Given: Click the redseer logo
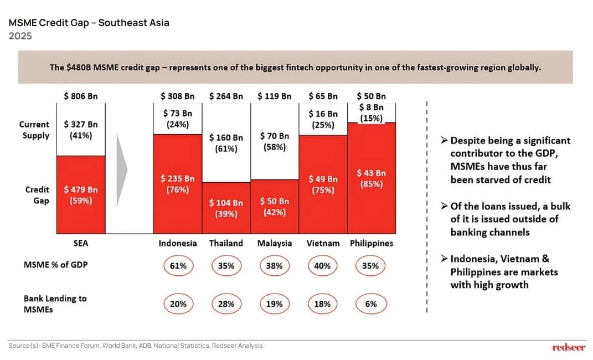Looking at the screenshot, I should coord(569,347).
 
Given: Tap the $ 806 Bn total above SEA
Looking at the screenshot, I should coord(81,96).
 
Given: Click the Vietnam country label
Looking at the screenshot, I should coord(322,243).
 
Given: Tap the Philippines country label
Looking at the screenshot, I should coord(371,243).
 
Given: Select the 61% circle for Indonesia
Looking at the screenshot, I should coord(178,266).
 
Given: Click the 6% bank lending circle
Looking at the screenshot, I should coord(371,304).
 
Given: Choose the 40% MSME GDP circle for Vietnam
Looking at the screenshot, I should coord(322,266).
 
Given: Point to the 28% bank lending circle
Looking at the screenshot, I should coord(226,304).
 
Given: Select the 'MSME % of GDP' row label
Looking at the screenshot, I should coord(55,265).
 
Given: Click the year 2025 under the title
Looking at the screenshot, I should coord(20,36).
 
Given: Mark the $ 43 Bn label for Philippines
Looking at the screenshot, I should coord(371,178).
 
